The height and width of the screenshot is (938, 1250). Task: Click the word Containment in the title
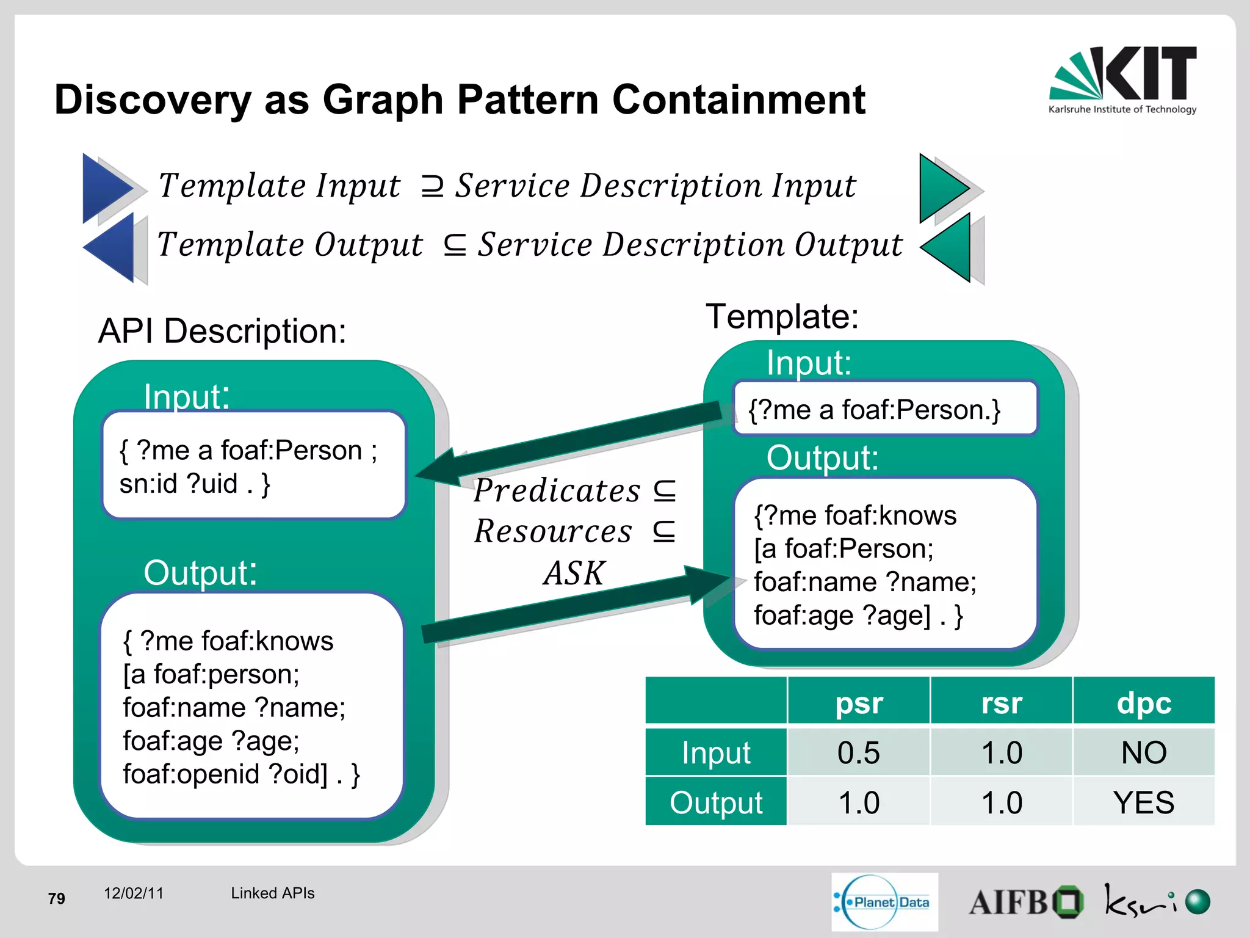tap(739, 100)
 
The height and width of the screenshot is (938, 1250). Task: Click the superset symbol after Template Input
tap(432, 186)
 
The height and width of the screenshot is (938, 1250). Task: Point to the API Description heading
tap(222, 332)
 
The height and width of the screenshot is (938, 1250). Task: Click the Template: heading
tap(782, 317)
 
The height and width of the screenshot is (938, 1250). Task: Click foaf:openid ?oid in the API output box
tap(225, 774)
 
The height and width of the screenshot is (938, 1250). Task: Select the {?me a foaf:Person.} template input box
tap(884, 409)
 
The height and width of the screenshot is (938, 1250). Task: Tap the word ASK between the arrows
tap(574, 573)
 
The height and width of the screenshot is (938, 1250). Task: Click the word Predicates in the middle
tap(557, 491)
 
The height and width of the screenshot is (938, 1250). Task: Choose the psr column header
tap(859, 702)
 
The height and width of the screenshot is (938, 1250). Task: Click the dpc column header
tap(1144, 702)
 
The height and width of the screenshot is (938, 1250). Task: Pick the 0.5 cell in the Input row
tap(859, 752)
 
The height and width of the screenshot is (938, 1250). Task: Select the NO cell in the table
tap(1144, 752)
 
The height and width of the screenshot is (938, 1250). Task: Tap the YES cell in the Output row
tap(1144, 802)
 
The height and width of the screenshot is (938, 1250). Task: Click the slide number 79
tap(57, 898)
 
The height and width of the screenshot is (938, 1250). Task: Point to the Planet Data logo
tap(884, 902)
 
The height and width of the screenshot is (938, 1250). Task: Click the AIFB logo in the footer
tap(1025, 902)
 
